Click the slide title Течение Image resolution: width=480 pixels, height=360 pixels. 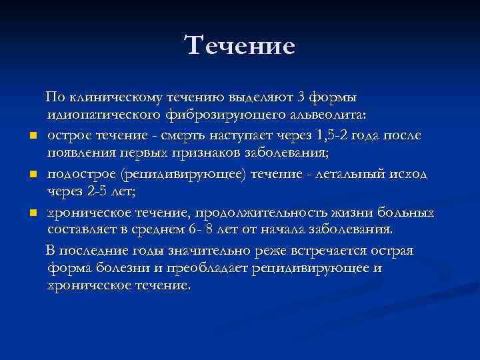[x=240, y=45]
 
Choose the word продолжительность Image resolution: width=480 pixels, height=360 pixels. [x=254, y=213]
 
